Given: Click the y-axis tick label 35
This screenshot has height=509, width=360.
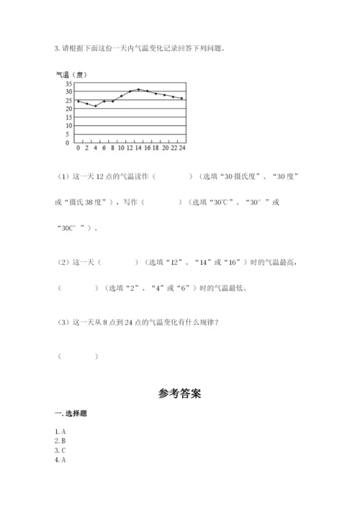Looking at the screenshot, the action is pyautogui.click(x=68, y=84).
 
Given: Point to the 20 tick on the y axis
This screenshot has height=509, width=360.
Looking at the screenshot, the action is pyautogui.click(x=68, y=109).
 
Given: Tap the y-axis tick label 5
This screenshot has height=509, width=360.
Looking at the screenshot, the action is pyautogui.click(x=70, y=134).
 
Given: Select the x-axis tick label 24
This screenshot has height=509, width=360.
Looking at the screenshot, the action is pyautogui.click(x=182, y=147).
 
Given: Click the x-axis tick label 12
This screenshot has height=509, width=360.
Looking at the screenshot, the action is pyautogui.click(x=130, y=147).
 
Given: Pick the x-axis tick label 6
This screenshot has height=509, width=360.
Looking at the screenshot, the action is pyautogui.click(x=104, y=147).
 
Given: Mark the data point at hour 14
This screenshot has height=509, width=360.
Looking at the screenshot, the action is pyautogui.click(x=139, y=89).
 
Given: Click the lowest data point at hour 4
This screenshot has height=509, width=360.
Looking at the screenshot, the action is pyautogui.click(x=95, y=106).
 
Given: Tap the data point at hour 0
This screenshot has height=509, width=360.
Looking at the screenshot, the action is pyautogui.click(x=78, y=101).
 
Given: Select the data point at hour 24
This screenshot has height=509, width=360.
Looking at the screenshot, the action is pyautogui.click(x=182, y=99).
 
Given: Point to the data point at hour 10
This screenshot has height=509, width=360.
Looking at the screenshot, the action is pyautogui.click(x=121, y=96).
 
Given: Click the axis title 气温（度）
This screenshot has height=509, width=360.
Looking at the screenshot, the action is pyautogui.click(x=71, y=75).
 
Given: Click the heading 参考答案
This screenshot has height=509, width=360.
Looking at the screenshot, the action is pyautogui.click(x=179, y=394).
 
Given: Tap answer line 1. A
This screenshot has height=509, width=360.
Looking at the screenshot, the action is pyautogui.click(x=60, y=431).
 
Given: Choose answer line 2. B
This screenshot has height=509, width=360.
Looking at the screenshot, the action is pyautogui.click(x=60, y=441).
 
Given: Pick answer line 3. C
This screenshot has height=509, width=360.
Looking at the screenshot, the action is pyautogui.click(x=60, y=450).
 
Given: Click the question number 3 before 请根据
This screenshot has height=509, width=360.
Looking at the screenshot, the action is pyautogui.click(x=56, y=48).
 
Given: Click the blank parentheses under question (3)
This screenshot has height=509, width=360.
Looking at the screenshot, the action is pyautogui.click(x=78, y=356).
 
